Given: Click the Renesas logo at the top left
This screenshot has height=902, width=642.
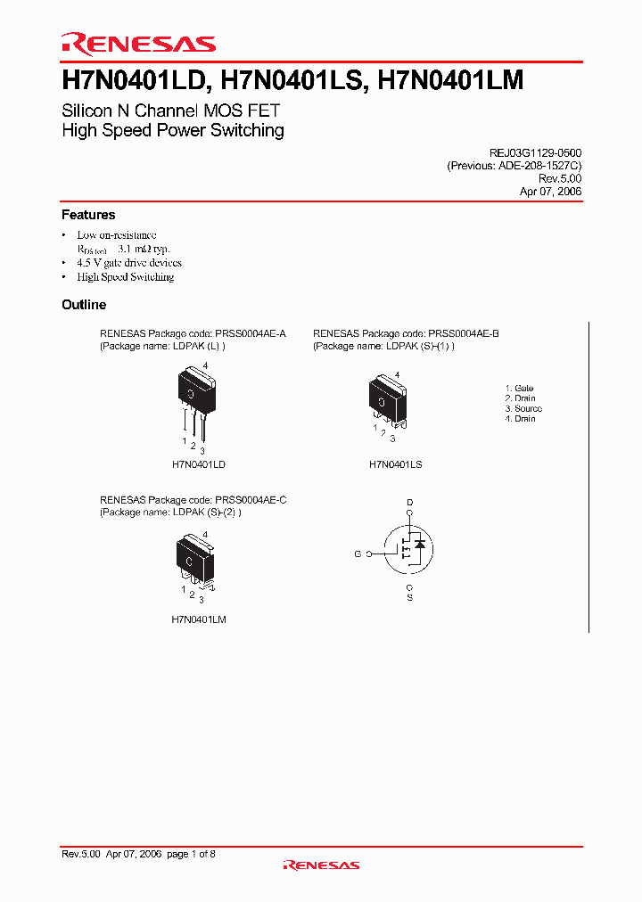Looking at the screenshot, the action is (x=138, y=44).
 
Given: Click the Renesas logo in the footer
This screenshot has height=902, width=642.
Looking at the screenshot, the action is (x=321, y=865).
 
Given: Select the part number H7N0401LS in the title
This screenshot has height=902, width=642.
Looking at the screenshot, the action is (x=292, y=81).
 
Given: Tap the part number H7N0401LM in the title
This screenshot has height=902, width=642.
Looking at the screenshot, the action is (x=451, y=81).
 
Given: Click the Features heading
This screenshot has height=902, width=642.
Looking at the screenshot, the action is (x=88, y=215).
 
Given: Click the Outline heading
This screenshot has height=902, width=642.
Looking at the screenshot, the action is (x=84, y=305).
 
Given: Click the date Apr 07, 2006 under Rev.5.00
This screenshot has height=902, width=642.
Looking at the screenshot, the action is (x=550, y=192).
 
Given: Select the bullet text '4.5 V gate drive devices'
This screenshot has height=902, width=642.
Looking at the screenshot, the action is (x=129, y=263).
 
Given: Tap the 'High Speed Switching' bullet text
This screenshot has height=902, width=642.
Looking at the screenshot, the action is (x=126, y=277).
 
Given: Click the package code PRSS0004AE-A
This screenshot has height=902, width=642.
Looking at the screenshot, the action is (x=251, y=333).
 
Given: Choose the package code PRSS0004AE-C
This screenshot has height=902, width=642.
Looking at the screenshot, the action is (x=251, y=501).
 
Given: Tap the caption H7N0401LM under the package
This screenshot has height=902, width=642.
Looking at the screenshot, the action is (x=199, y=619).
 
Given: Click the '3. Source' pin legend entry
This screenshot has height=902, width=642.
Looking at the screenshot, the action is (x=523, y=408).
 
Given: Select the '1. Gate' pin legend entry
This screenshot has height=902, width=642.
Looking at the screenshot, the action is (x=519, y=389).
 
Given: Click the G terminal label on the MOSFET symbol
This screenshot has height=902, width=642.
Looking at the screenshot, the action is (x=357, y=554).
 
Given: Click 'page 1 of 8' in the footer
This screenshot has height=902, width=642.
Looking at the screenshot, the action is (x=191, y=854).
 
